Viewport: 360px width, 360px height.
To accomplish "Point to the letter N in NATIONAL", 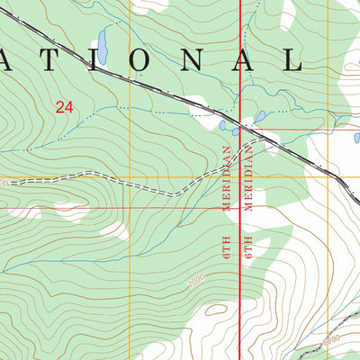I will [195, 59].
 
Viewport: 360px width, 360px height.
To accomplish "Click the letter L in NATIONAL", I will [293, 59].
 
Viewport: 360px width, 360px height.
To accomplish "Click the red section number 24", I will [64, 107].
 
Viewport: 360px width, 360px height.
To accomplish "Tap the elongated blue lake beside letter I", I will [103, 46].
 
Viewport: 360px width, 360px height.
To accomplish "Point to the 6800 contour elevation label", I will [331, 337].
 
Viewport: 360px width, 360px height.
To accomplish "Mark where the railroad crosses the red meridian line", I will [238, 119].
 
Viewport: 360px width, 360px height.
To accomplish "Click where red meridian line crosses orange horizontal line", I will [238, 175].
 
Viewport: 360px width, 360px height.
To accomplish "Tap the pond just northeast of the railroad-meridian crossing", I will [259, 116].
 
